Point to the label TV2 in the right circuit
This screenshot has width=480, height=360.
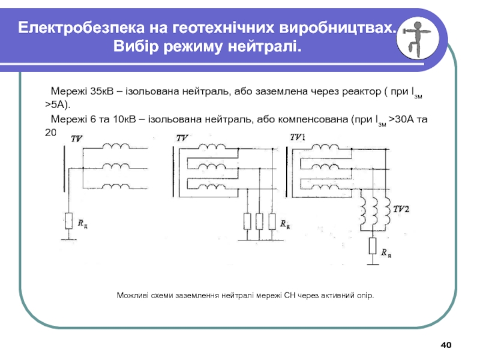(x=401, y=209)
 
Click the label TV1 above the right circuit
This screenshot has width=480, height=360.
(x=298, y=137)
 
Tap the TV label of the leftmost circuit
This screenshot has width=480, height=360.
(x=76, y=139)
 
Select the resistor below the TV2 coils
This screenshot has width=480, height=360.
(x=373, y=246)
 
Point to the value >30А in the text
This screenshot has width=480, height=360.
(x=401, y=119)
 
